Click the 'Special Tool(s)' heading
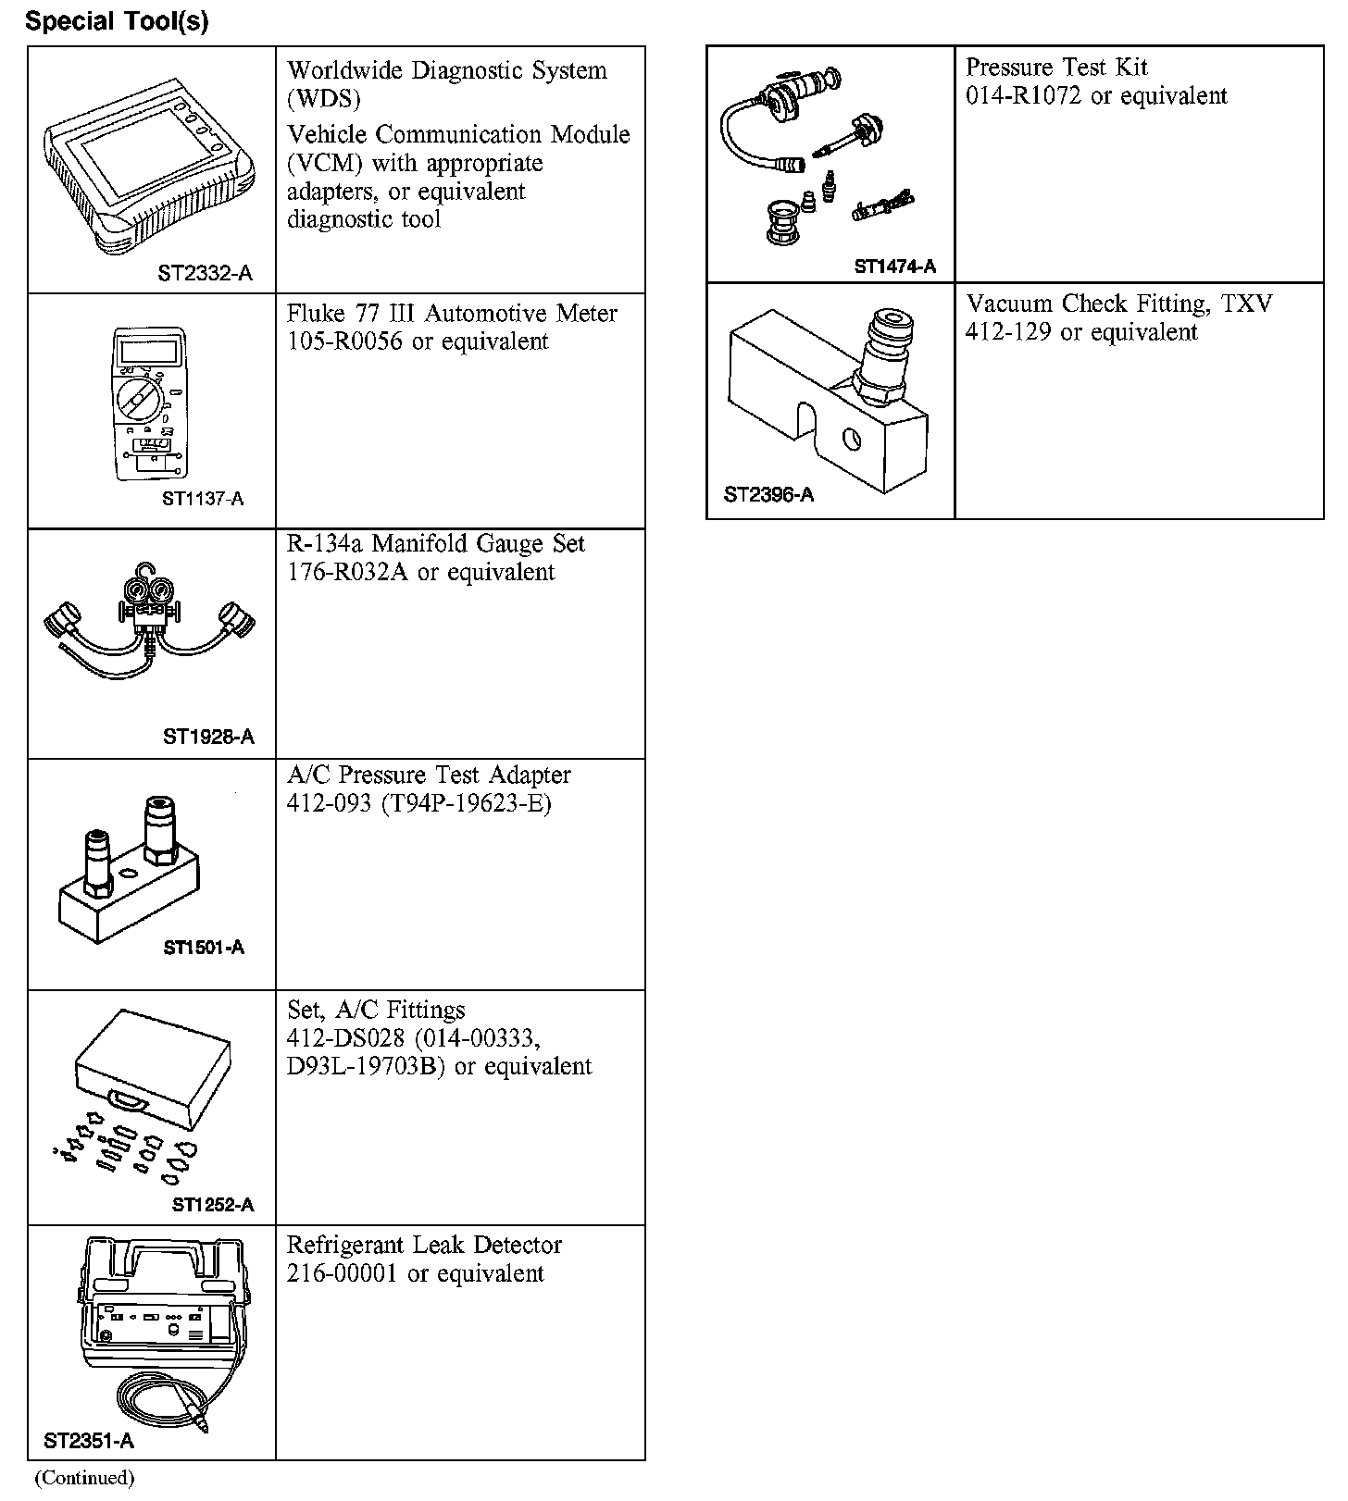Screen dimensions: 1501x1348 click(x=117, y=21)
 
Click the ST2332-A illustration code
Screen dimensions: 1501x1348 click(x=205, y=274)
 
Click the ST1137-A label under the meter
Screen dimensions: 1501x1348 click(x=203, y=499)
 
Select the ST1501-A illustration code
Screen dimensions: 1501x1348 click(x=204, y=948)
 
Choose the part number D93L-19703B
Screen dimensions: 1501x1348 click(x=367, y=1066)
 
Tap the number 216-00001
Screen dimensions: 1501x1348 click(x=343, y=1273)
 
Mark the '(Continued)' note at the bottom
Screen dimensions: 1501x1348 click(x=84, y=1478)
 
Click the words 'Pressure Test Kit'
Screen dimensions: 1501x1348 click(x=1056, y=68)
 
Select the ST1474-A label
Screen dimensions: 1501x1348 click(x=894, y=267)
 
